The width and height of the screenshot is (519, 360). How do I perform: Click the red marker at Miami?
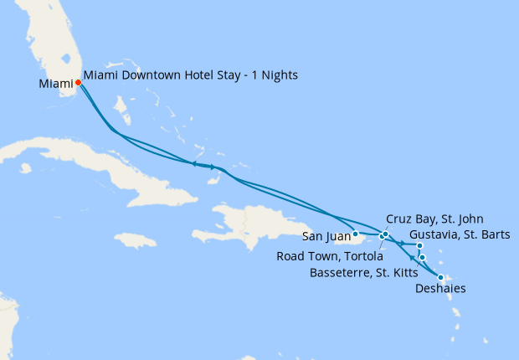[x=78, y=82]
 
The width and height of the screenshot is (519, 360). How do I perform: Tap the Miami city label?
[x=55, y=84]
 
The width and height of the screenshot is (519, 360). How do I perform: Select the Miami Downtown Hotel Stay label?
[x=191, y=75]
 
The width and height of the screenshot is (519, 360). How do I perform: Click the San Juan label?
[x=326, y=235]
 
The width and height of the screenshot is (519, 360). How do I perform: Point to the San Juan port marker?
[x=356, y=234]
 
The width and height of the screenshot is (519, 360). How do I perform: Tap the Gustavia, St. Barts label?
[x=460, y=234]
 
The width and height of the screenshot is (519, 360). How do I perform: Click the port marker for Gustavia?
[x=419, y=245]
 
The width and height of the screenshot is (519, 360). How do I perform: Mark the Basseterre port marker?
[x=423, y=257]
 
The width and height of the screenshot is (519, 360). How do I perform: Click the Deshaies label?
[x=441, y=289]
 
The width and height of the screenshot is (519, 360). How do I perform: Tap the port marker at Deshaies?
[x=440, y=277]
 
